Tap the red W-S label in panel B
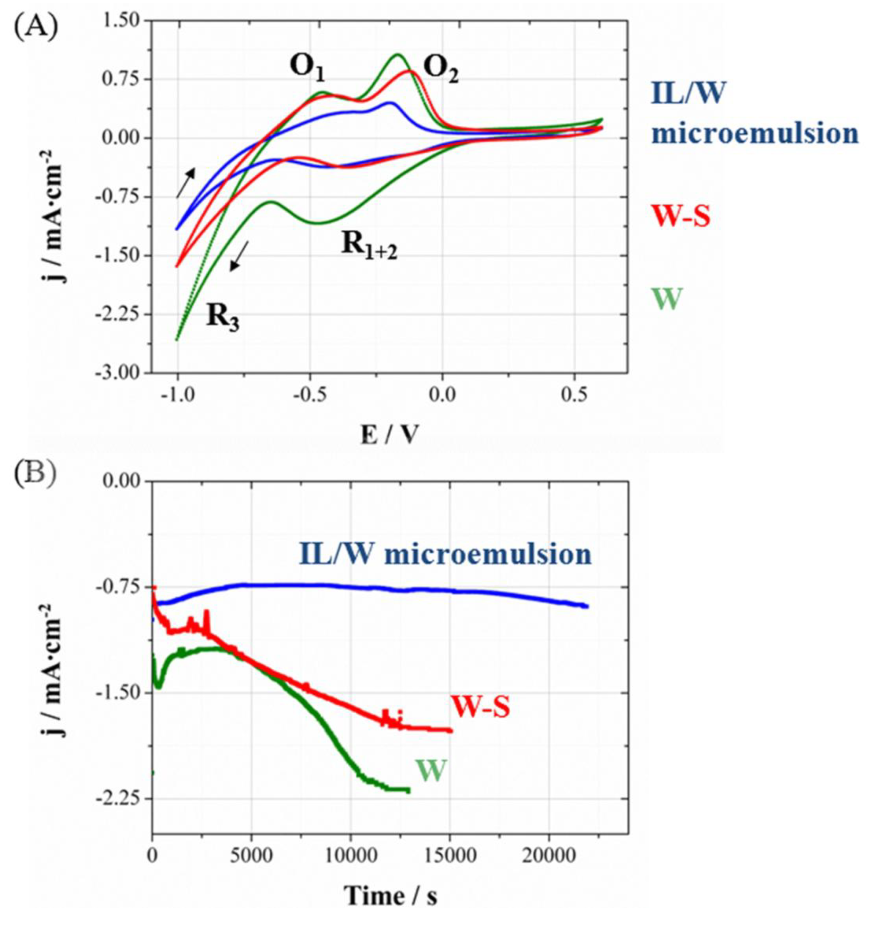click(480, 707)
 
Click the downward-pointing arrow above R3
click(239, 256)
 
